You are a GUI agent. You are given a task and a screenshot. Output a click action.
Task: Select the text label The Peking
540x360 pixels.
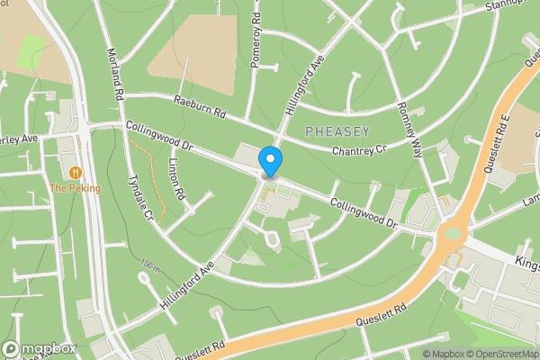76,188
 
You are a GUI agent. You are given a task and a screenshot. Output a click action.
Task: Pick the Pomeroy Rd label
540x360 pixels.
256,42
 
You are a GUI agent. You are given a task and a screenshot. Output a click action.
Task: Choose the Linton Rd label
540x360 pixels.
177,180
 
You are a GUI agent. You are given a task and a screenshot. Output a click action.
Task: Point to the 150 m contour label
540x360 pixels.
150,265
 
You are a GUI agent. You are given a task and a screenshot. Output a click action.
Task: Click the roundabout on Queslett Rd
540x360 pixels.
451,238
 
